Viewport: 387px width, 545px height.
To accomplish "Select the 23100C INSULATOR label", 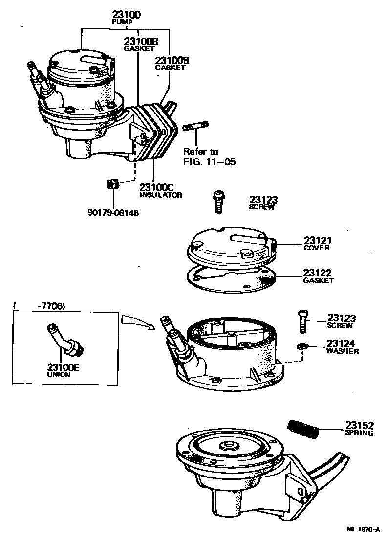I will click(161, 190).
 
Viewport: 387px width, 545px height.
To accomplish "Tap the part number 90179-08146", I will click(113, 213).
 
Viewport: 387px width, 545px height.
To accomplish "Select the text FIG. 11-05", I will click(209, 161).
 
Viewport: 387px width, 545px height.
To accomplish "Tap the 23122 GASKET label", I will click(318, 276).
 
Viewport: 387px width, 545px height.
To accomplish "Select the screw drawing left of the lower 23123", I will click(301, 321).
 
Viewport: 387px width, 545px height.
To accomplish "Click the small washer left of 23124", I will click(301, 347).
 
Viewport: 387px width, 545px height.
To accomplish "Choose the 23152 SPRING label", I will click(359, 428).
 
